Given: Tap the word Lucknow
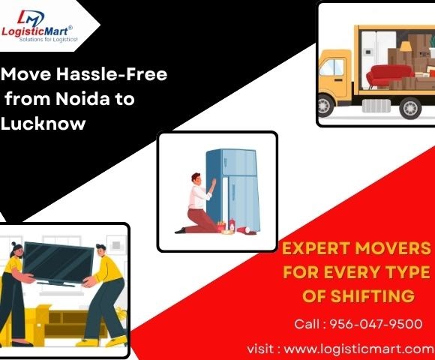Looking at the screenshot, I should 43,123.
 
